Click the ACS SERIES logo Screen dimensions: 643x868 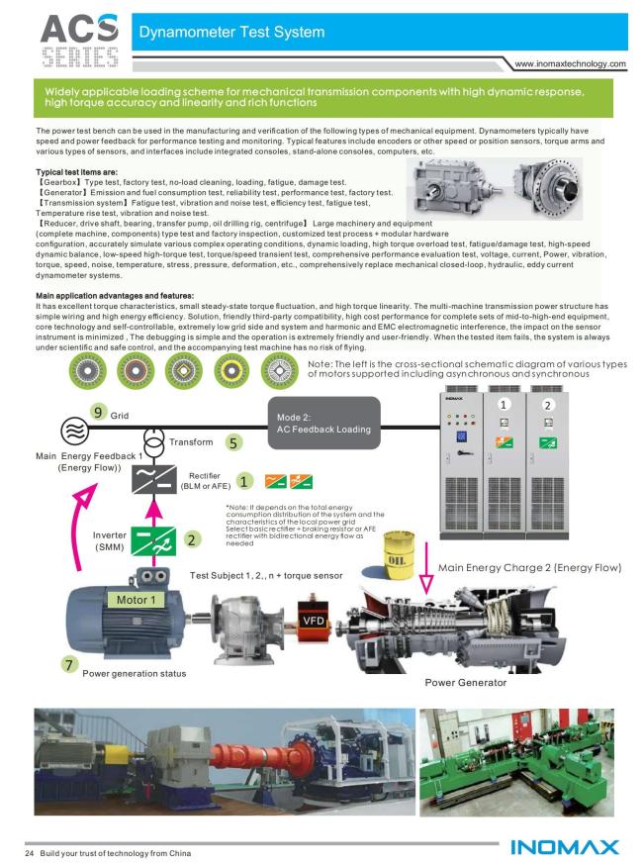pos(80,41)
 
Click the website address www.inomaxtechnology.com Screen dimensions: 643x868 pos(570,63)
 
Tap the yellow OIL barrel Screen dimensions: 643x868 pos(399,554)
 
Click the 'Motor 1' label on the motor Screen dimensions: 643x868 pos(136,600)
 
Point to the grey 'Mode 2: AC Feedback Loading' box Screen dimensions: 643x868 pos(324,423)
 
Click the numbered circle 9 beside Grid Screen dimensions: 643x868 pos(98,412)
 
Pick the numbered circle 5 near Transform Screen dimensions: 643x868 pos(233,442)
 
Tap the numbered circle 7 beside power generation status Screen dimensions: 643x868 pos(68,664)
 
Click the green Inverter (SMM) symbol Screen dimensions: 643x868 pos(153,541)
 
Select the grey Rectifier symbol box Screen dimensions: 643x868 pos(154,479)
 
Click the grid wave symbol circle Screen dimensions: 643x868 pos(75,431)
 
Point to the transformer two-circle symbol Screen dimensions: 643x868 pos(154,441)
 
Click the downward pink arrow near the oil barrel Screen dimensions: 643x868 pos(426,568)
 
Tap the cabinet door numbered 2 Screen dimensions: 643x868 pos(547,464)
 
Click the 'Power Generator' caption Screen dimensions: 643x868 pos(465,683)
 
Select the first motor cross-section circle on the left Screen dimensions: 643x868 pos(87,371)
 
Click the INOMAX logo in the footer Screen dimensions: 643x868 pos(565,847)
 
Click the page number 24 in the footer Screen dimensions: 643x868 pos(30,853)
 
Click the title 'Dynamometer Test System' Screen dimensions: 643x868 pos(231,32)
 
